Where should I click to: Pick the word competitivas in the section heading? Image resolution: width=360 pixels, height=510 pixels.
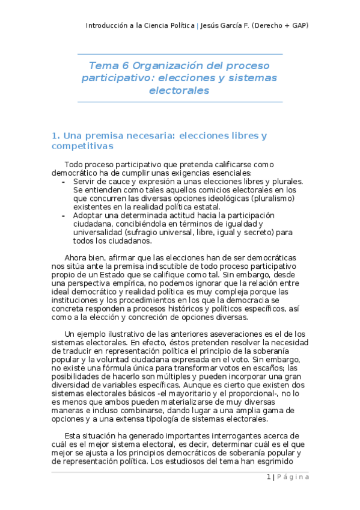[x=81, y=146]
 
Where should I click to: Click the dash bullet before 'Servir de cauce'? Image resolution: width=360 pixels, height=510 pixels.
[x=64, y=182]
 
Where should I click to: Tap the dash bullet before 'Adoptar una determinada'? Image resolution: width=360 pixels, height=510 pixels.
[x=64, y=215]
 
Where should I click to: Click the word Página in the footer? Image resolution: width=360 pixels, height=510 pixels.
[x=294, y=477]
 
